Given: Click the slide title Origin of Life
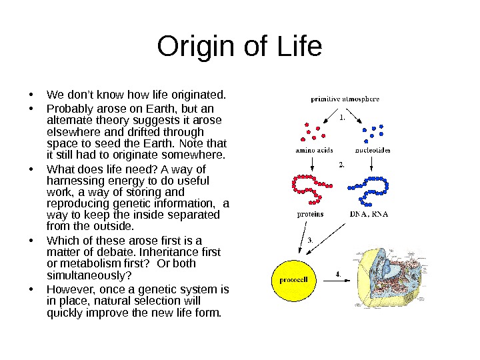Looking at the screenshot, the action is (239, 47).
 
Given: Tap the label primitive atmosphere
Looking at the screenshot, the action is (345, 99).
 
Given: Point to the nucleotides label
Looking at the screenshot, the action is (373, 151).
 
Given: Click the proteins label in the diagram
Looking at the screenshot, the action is (310, 214).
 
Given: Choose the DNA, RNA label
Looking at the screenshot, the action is (369, 214).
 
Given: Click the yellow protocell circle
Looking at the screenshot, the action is (293, 279).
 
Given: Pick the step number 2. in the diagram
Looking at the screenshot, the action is (342, 164).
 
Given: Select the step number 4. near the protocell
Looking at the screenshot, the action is (338, 273).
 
